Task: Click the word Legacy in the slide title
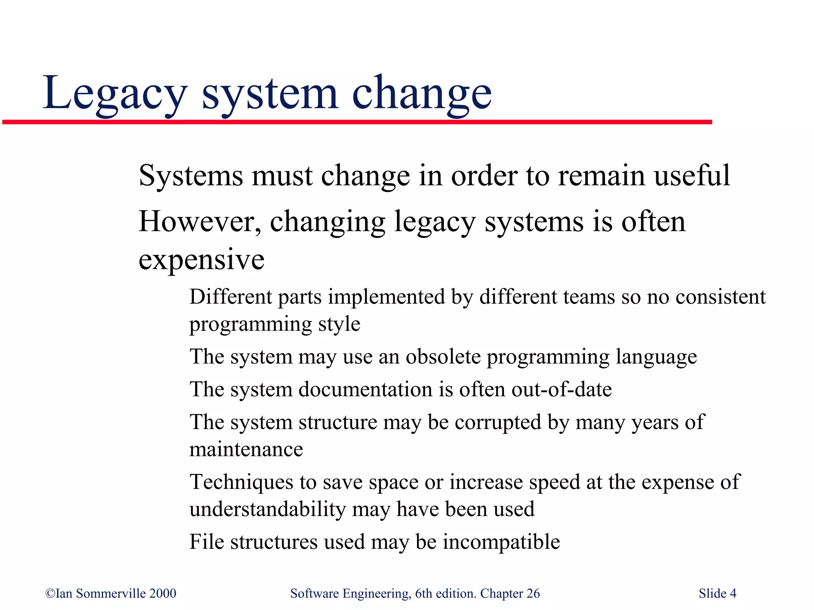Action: (114, 94)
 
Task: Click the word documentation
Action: (365, 389)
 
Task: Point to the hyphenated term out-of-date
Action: (562, 389)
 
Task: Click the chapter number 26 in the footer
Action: (533, 593)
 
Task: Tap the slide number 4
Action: (733, 593)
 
